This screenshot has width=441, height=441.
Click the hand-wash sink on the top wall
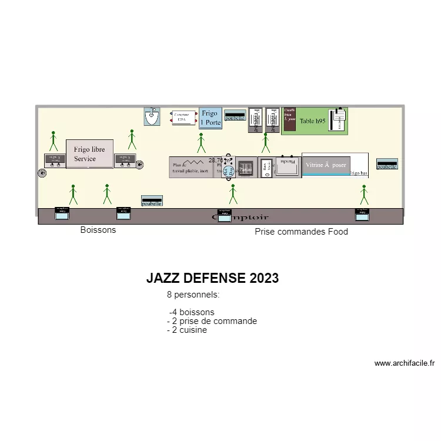(152, 116)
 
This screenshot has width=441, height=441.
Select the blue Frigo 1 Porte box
(210, 118)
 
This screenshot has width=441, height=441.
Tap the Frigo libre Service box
(89, 154)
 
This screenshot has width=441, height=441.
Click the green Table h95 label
(312, 121)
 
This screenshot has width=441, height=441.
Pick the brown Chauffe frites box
(289, 121)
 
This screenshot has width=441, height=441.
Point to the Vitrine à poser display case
(326, 165)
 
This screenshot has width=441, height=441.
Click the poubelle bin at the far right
(387, 164)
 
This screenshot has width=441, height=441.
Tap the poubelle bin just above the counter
(152, 201)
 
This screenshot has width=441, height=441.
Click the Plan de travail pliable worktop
(191, 167)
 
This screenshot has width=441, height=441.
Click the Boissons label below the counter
(98, 230)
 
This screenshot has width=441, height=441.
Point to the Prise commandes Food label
(301, 232)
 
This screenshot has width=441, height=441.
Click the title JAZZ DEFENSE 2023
(212, 278)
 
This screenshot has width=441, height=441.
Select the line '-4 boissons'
(192, 312)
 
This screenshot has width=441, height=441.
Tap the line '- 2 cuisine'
(187, 330)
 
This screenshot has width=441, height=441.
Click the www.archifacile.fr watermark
(404, 363)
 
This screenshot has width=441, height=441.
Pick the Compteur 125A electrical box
(181, 118)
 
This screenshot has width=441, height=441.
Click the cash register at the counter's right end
(362, 214)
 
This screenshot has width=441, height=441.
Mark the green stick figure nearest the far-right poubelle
(363, 194)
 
